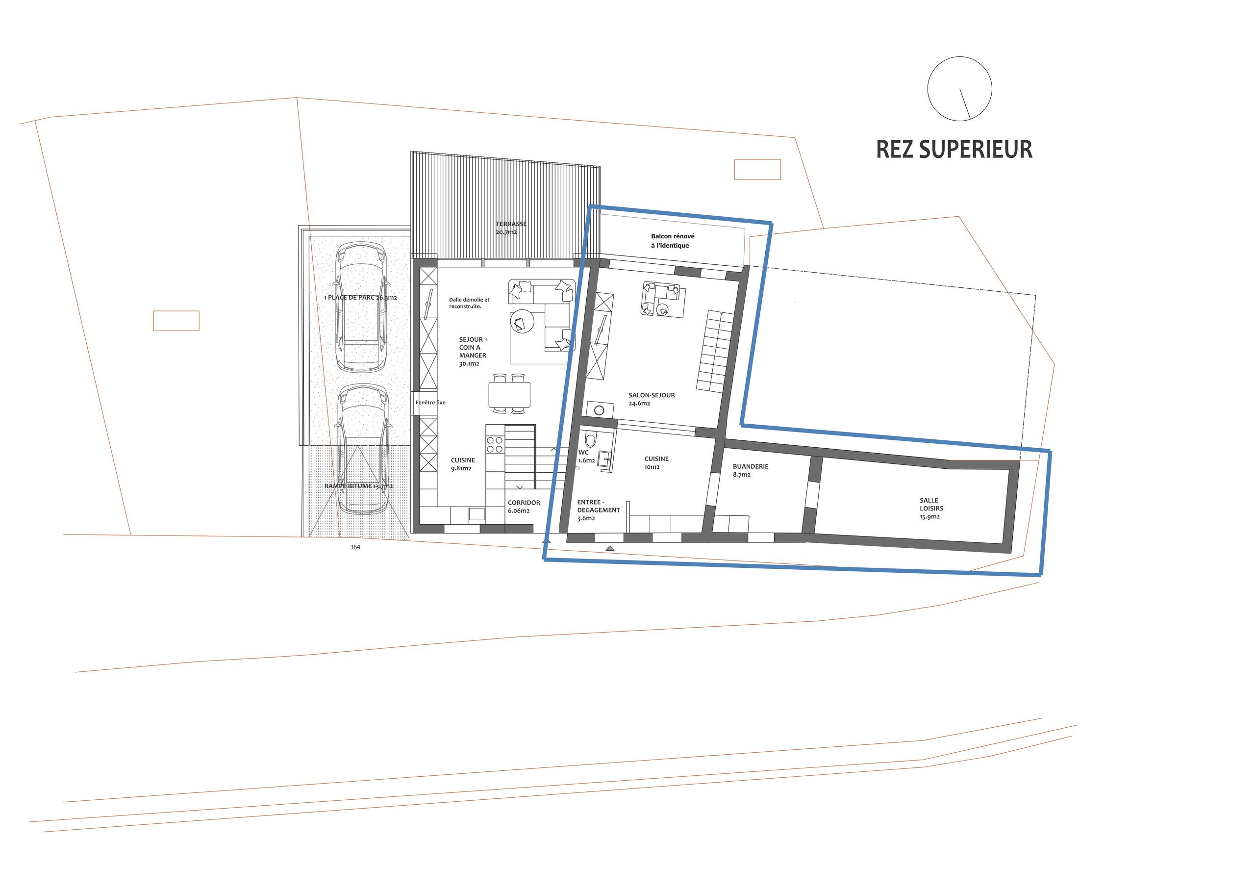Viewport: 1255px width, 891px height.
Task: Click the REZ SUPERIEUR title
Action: point(954,149)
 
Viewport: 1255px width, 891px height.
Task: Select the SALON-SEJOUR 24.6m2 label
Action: point(651,399)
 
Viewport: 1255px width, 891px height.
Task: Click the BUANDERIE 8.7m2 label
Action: point(750,470)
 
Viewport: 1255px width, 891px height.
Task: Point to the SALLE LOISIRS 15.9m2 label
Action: point(931,508)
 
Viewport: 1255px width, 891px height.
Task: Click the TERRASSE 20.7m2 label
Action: point(510,228)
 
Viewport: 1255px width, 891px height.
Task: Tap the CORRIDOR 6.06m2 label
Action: point(523,507)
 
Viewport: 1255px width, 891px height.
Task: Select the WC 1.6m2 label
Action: point(585,457)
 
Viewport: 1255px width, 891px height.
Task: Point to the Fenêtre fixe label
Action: point(430,403)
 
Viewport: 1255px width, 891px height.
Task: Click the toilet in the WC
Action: point(590,439)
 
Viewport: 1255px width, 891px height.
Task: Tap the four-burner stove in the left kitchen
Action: point(494,444)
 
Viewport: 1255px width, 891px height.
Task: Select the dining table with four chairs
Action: point(509,393)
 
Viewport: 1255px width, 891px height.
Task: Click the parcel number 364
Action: point(355,547)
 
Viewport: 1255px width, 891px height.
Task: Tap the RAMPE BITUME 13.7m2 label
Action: point(358,486)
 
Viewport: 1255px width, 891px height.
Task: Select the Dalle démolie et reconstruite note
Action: point(469,303)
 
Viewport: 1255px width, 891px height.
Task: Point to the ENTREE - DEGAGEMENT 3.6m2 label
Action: point(598,509)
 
